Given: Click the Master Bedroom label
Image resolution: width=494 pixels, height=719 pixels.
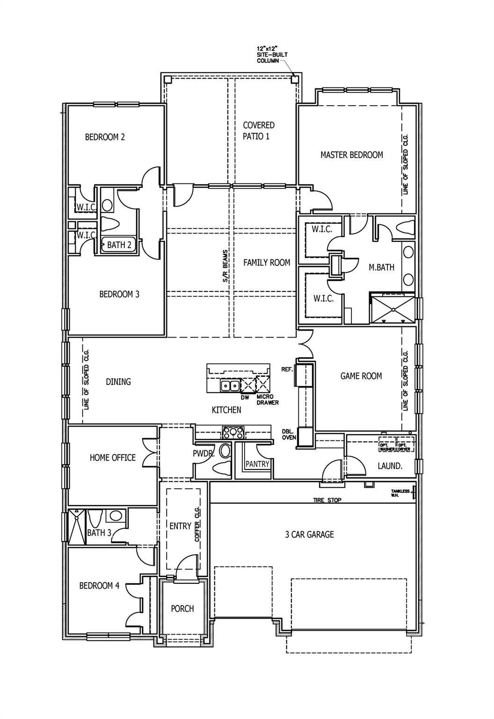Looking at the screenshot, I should [351, 155].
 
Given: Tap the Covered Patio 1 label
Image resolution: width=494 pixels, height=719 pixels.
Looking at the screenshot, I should [258, 131].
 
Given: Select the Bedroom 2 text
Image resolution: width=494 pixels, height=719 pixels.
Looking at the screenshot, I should [105, 137].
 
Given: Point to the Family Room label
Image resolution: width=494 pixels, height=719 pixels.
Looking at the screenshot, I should [266, 263].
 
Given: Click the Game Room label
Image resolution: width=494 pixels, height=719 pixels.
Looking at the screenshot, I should [361, 376].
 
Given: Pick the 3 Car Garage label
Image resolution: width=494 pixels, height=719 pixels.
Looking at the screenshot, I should [309, 534].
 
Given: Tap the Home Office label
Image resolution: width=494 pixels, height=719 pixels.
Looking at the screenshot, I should [112, 458].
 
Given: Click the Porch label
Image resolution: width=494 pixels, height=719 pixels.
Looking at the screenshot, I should [182, 609].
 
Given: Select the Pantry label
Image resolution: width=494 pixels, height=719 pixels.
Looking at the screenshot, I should [257, 464].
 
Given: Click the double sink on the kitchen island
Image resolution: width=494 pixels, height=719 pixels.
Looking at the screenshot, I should [230, 386].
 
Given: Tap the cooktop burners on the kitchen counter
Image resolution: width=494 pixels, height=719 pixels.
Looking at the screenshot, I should [232, 431].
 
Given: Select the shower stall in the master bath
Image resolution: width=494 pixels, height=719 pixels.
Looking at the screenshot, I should [392, 308].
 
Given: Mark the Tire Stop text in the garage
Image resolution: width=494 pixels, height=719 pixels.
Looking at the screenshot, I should [327, 500].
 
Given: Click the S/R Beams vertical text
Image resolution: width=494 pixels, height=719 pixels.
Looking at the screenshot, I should [225, 266].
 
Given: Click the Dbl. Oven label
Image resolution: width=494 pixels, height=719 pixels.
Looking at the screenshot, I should [287, 434].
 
